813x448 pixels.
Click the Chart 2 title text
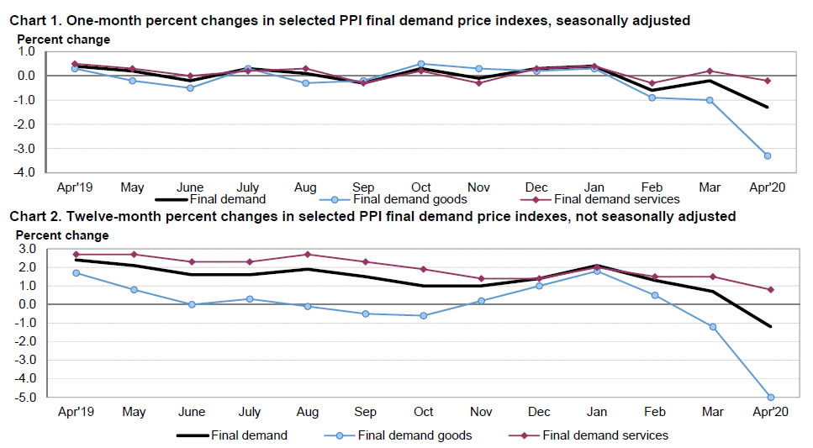click(x=372, y=217)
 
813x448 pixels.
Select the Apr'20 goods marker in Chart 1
click(x=768, y=155)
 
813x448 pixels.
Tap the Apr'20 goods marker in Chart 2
click(x=770, y=397)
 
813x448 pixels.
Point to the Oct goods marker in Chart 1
click(x=420, y=64)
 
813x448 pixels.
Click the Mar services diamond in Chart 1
click(x=710, y=71)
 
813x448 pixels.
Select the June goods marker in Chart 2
click(x=191, y=304)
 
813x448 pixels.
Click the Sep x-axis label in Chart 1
click(x=363, y=187)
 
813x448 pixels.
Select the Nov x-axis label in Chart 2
click(x=480, y=412)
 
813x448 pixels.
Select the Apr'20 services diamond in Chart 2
click(x=770, y=289)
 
